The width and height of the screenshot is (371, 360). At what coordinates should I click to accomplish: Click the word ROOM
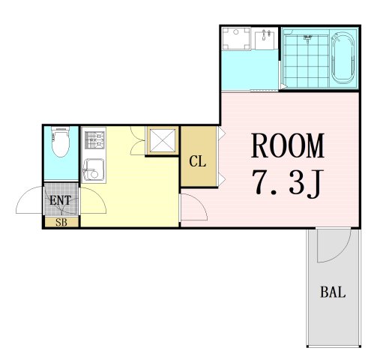(287, 145)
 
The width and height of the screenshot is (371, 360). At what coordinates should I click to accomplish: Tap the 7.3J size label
(287, 182)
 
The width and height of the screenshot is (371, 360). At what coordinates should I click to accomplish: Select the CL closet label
(198, 161)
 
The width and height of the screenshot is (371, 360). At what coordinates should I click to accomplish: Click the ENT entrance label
(60, 200)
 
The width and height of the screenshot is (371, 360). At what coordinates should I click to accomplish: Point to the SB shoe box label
(61, 222)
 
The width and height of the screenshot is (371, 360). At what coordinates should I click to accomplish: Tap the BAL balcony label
(333, 292)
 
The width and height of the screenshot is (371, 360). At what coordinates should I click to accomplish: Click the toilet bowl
(61, 142)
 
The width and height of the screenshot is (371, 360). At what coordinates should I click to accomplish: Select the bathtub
(343, 58)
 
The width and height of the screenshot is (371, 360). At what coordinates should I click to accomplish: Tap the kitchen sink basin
(93, 169)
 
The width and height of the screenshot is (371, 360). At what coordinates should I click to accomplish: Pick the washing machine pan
(236, 38)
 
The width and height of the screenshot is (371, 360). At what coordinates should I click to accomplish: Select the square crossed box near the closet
(163, 141)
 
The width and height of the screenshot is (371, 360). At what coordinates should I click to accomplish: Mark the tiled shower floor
(307, 61)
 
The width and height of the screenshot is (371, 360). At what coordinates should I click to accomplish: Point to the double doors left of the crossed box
(138, 140)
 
